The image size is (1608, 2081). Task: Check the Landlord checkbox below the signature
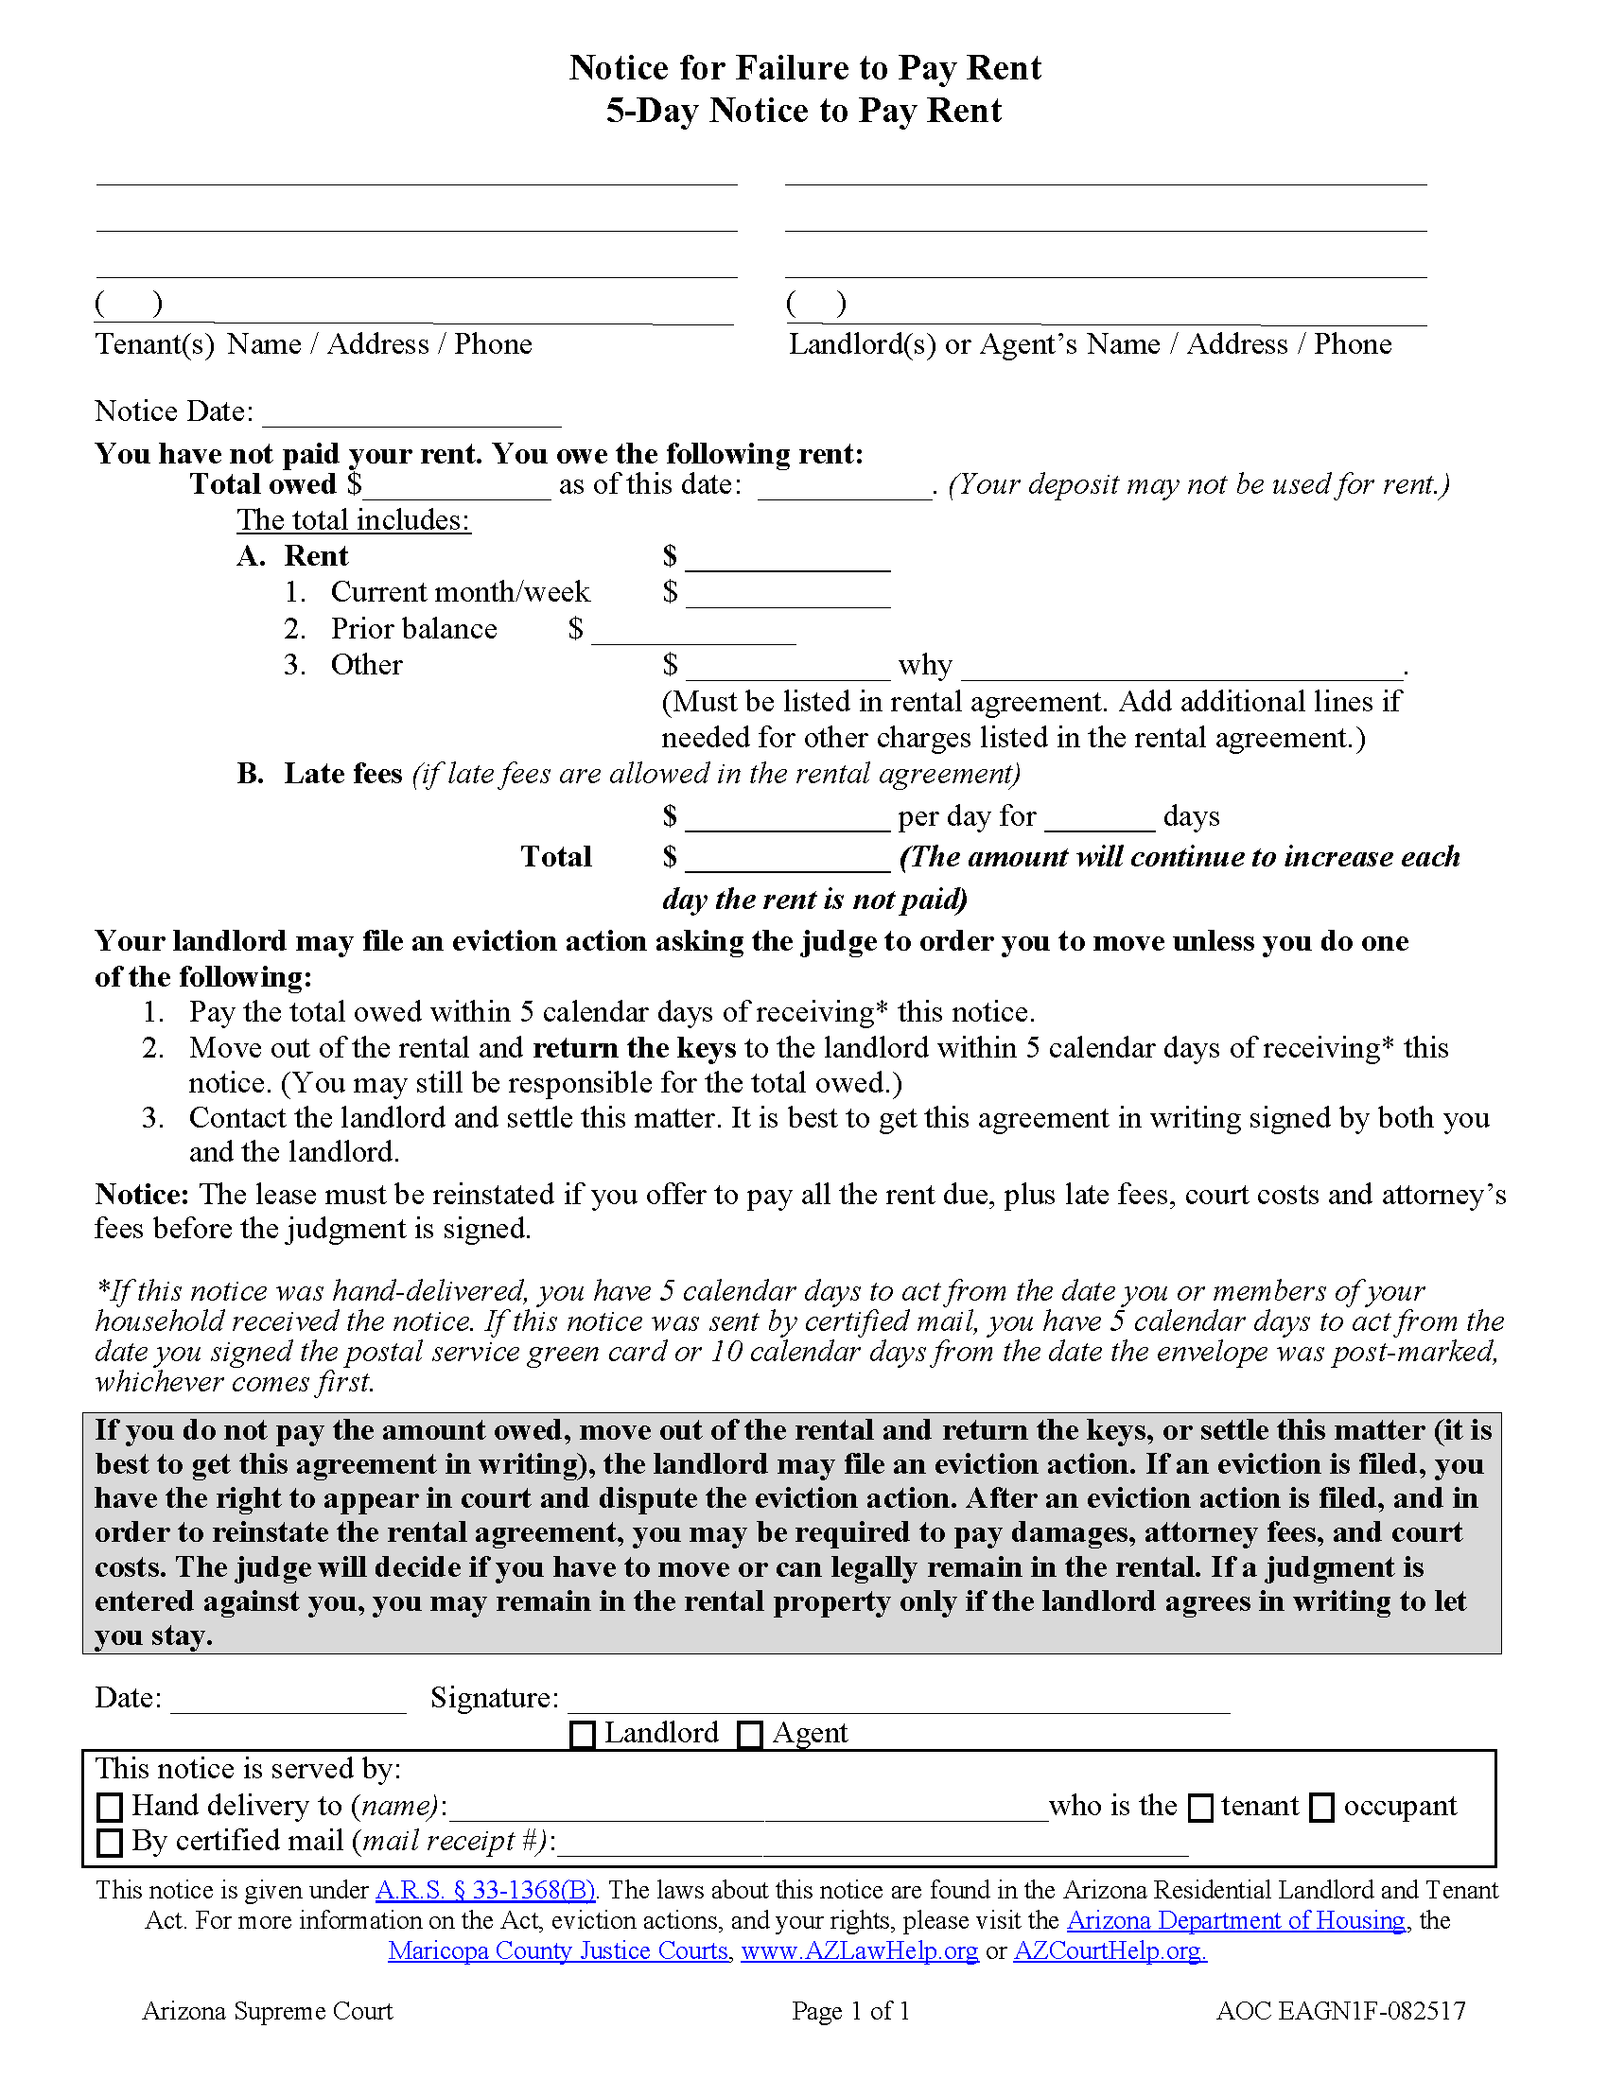coord(581,1735)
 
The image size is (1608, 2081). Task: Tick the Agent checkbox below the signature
coord(751,1735)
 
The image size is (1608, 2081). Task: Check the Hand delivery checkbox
coord(111,1807)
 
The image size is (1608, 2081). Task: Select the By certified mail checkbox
coord(111,1842)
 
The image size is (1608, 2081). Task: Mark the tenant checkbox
coord(1201,1808)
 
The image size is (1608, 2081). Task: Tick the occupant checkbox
coord(1322,1808)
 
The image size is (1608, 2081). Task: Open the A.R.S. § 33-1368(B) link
coord(486,1891)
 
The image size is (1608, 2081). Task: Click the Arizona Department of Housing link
coord(1235,1920)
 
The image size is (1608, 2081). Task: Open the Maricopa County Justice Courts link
coord(559,1950)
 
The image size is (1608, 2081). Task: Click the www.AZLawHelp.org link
coord(859,1950)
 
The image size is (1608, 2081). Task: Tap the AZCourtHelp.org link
coord(1110,1950)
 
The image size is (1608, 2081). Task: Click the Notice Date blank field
coord(411,413)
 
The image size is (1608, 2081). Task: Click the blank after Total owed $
coord(456,486)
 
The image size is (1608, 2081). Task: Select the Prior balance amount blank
coord(692,631)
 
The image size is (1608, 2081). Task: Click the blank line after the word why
coord(1181,667)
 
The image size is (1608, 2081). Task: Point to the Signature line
coord(899,1699)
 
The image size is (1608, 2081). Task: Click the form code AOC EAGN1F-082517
coord(1340,2010)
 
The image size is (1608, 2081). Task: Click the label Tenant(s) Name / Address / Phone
coord(313,344)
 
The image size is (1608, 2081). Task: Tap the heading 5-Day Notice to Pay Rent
coord(804,111)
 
